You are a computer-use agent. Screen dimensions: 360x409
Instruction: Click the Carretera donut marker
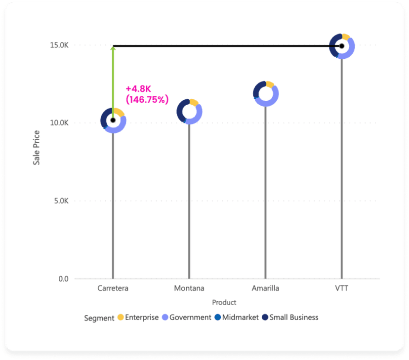[x=113, y=120]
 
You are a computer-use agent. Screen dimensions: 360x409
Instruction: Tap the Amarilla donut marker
[x=266, y=93]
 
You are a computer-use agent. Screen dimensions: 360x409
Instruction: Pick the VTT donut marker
[x=342, y=46]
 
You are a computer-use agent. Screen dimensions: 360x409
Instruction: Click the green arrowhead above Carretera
[x=113, y=48]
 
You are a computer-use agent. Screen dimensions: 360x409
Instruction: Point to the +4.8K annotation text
[x=140, y=89]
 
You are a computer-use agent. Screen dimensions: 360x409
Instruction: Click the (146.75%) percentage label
[x=147, y=99]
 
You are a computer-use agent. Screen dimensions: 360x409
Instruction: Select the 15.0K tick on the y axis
[x=60, y=45]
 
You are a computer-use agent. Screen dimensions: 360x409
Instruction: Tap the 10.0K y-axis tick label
[x=60, y=123]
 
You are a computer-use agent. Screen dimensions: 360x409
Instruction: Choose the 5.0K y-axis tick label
[x=61, y=201]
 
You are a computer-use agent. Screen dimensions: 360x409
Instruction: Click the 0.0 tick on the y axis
[x=64, y=279]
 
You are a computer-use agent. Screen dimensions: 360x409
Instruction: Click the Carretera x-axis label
[x=113, y=288]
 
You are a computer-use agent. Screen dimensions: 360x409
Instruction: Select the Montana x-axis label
[x=189, y=288]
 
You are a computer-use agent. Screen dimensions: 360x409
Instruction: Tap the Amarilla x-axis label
[x=265, y=288]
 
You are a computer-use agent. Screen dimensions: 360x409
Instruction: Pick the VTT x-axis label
[x=341, y=288]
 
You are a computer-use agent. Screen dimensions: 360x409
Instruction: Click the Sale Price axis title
[x=37, y=147]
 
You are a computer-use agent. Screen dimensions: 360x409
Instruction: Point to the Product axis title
[x=224, y=302]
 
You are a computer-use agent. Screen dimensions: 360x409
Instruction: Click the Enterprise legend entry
[x=138, y=318]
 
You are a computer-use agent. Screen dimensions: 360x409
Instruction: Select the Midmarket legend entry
[x=236, y=318]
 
